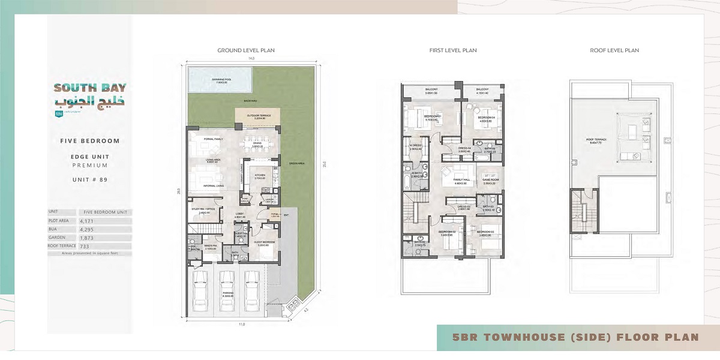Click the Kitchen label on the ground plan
click(x=259, y=176)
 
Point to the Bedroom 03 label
click(x=485, y=233)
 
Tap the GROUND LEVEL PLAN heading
click(x=246, y=50)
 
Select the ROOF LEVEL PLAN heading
click(x=614, y=50)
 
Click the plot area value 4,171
click(x=88, y=221)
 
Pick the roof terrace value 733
click(x=85, y=246)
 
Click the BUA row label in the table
click(x=54, y=229)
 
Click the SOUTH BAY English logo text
click(x=89, y=87)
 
